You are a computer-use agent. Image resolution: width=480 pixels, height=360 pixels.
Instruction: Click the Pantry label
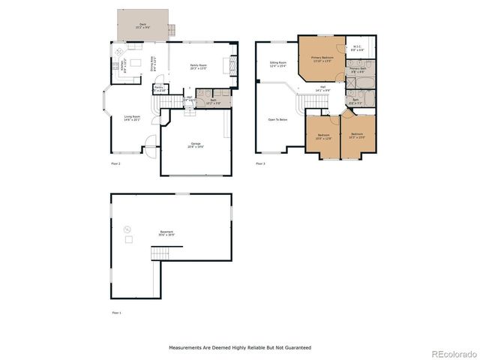(x=159, y=88)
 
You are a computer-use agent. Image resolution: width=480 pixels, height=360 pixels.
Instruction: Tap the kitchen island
(x=136, y=59)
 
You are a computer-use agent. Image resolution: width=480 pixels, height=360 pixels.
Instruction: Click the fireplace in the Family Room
(x=233, y=63)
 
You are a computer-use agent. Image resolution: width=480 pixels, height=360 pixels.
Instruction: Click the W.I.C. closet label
(x=357, y=48)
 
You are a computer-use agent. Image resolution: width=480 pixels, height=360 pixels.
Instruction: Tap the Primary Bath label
(x=357, y=70)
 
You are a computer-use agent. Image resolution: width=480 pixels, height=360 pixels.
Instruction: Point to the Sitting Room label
(x=278, y=64)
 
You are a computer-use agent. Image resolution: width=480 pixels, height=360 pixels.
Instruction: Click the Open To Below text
(x=277, y=119)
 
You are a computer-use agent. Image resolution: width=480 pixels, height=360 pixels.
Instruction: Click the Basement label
(x=166, y=233)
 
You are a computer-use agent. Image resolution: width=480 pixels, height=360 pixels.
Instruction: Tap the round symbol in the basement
(x=127, y=229)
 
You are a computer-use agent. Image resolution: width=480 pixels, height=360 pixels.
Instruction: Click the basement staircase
(x=161, y=256)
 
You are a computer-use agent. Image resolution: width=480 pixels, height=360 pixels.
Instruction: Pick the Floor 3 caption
(x=260, y=163)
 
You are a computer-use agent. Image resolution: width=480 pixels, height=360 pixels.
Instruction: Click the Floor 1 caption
(x=115, y=312)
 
